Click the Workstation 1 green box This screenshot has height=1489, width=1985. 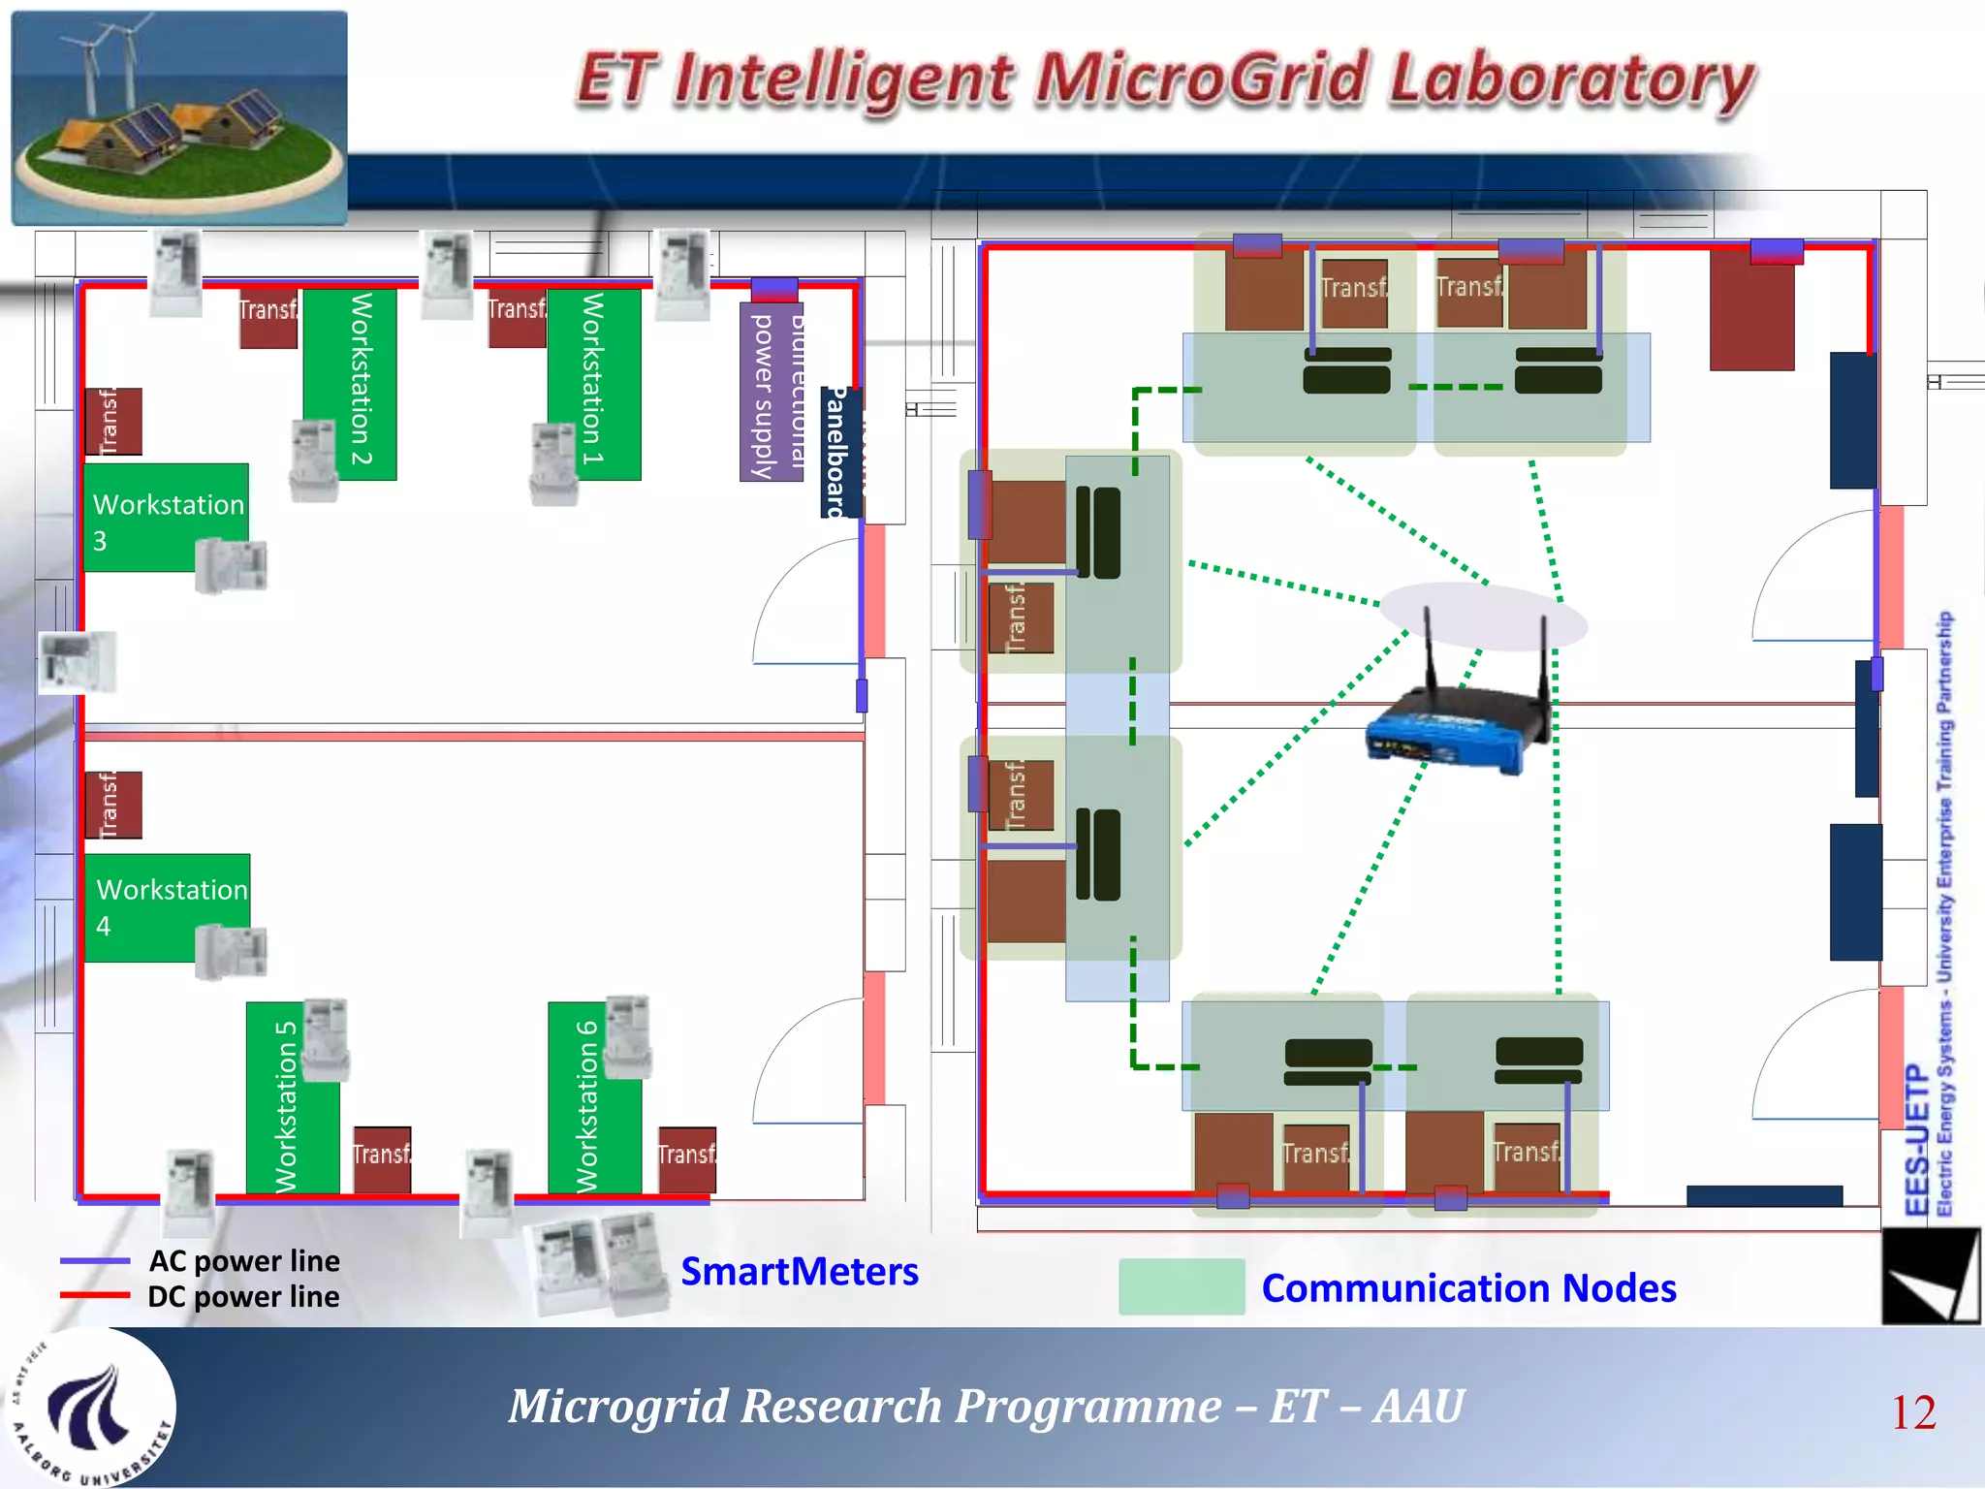point(593,383)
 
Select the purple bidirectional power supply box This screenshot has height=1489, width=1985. point(771,393)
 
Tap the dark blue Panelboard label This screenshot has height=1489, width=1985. point(836,451)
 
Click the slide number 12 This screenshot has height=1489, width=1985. point(1912,1412)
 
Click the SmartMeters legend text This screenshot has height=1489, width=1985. point(799,1271)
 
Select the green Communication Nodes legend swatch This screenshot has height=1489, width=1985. point(1181,1286)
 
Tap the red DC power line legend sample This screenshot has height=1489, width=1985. point(94,1295)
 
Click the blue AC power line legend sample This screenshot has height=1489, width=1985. point(94,1260)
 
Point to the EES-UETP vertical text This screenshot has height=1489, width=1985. point(1915,1139)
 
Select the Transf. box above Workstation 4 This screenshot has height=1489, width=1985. point(113,805)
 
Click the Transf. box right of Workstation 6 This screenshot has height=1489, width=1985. point(687,1158)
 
